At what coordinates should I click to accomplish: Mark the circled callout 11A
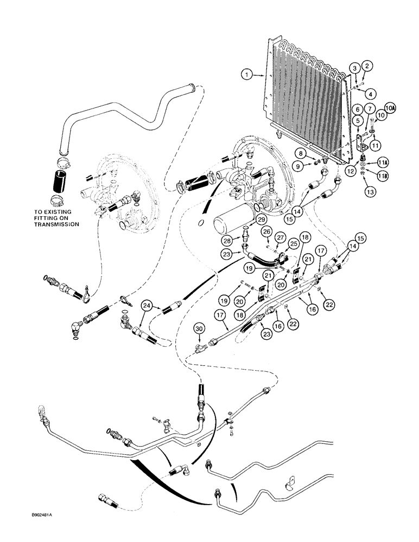click(383, 162)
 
